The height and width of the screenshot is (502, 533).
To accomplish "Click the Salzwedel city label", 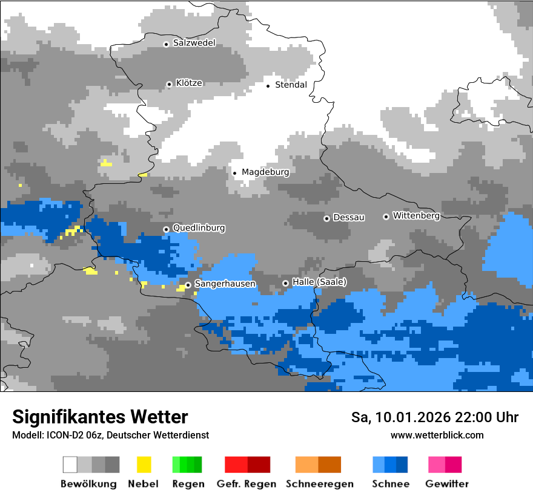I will coord(194,43).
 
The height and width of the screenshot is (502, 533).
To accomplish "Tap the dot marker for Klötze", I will coord(169,84).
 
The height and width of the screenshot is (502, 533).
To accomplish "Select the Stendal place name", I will coord(291,85).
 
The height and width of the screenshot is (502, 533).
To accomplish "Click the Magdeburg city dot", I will coord(234,173).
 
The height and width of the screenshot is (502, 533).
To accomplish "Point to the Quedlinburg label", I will coord(199,228).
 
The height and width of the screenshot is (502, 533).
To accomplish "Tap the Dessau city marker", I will coord(326,218).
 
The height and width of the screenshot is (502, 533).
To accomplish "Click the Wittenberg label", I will coord(416,215).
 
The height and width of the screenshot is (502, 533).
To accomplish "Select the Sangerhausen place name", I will coord(225,284).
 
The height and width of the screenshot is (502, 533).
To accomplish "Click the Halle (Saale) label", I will coord(319,282).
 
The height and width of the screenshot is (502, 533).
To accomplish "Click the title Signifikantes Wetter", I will coord(100,417).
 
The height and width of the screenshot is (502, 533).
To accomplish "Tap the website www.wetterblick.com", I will coord(437,435).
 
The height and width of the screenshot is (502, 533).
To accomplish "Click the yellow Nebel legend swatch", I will coord(144,465).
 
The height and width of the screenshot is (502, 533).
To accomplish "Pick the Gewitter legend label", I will coord(446,484).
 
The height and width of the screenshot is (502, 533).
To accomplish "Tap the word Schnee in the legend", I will coord(391,484).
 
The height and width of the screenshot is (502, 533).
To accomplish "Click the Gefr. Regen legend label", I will coord(247,484).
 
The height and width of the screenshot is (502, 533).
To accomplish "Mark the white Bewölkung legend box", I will coord(70,465).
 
